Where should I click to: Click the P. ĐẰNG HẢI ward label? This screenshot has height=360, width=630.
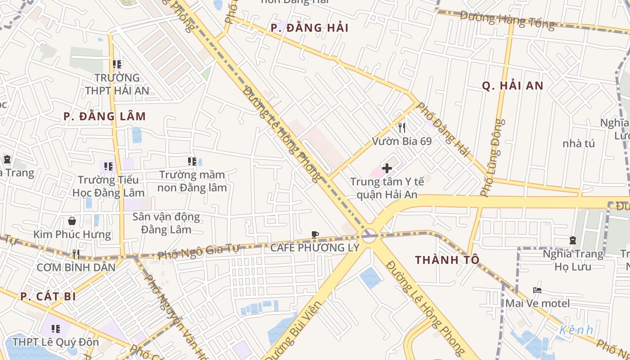[x=310, y=28]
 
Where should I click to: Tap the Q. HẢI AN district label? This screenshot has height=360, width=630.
[x=513, y=86]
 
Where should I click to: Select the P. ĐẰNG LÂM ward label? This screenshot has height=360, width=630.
[x=104, y=117]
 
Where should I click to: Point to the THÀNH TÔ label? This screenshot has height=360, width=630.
[x=447, y=260]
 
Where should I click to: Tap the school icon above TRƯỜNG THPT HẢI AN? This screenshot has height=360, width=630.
[x=117, y=64]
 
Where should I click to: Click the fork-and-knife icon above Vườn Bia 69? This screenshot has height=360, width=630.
[x=402, y=128]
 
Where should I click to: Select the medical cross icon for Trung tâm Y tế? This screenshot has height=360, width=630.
[x=387, y=169]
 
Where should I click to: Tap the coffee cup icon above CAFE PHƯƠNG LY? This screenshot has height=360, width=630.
[x=315, y=234]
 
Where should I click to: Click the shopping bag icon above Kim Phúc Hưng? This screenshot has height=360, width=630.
[x=72, y=221]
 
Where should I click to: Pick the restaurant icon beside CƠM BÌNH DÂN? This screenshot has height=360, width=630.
[x=76, y=254]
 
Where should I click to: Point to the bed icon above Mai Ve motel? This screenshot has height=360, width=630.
[x=537, y=290]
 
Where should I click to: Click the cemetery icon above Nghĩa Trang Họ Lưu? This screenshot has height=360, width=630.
[x=572, y=240]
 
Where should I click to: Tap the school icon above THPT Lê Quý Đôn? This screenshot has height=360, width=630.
[x=56, y=329]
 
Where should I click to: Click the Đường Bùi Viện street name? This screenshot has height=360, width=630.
[x=292, y=331]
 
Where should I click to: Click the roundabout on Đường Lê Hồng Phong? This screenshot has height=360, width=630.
[x=369, y=234]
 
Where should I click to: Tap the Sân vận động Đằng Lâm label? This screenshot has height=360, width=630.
[x=166, y=223]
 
